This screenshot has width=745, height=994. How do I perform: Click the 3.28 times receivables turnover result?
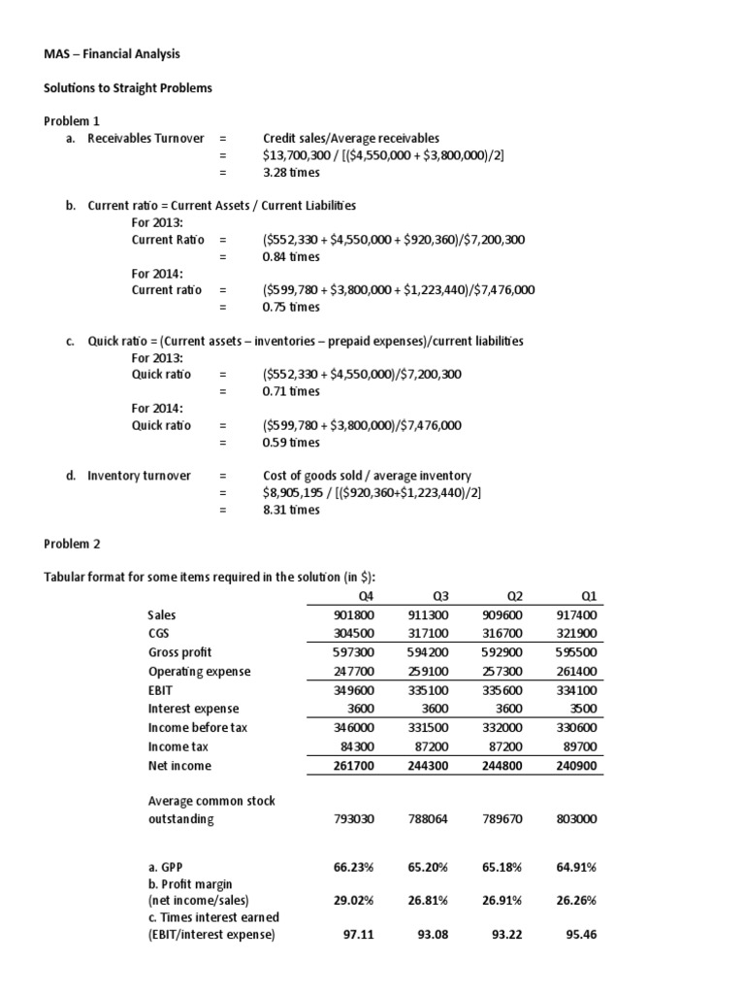[291, 173]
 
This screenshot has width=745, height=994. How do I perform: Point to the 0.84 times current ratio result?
[291, 257]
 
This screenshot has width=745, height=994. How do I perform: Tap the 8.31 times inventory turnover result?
[291, 510]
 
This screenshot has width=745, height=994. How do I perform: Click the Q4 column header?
[365, 596]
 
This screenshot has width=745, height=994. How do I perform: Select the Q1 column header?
[588, 596]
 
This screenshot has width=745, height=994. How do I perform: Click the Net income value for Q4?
[353, 766]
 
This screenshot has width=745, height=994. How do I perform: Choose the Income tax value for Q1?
[579, 746]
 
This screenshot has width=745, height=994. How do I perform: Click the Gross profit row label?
[179, 652]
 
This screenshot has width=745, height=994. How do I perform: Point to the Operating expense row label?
[199, 672]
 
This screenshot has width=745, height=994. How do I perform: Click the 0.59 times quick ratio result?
[291, 443]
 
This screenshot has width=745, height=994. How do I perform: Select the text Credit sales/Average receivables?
[343, 139]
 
